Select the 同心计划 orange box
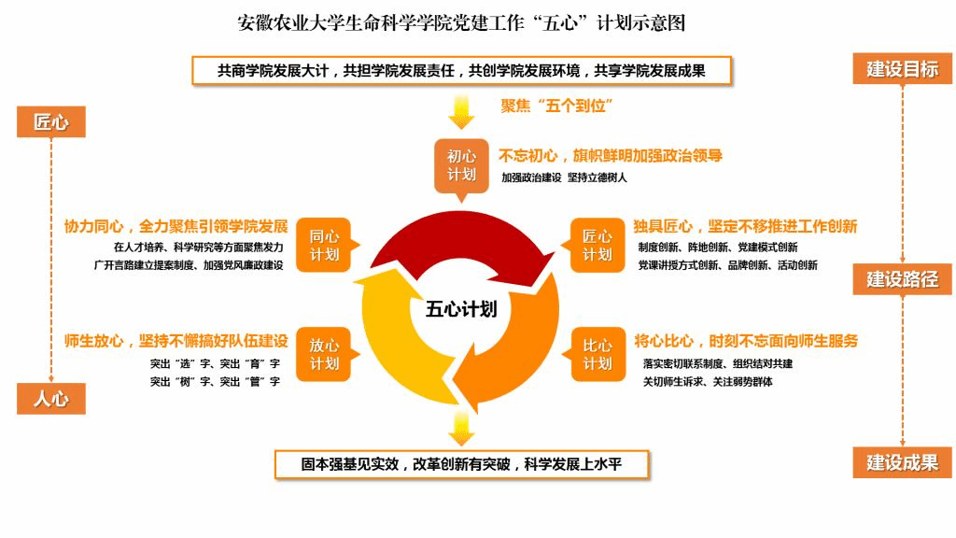pos(324,246)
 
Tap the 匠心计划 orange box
pos(597,246)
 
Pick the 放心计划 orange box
pos(324,353)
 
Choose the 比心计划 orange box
pos(597,353)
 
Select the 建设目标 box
pos(902,68)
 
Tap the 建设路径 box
pos(902,278)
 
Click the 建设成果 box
pos(902,461)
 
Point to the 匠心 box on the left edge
pos(50,121)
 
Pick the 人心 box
pos(50,399)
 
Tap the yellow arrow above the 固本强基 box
pos(461,428)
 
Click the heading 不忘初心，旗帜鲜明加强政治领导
pos(611,156)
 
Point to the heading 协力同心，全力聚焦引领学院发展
pos(176,226)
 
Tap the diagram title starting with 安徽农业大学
pos(461,22)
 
